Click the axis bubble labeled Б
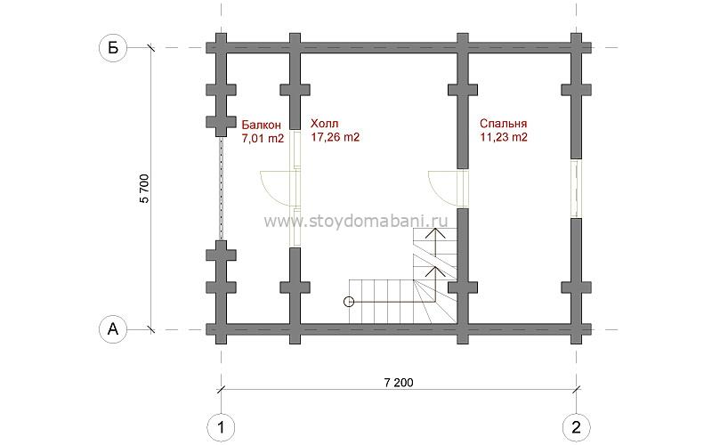(x=113, y=48)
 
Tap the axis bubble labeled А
(x=113, y=329)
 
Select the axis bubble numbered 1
(x=221, y=427)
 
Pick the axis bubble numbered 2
(x=576, y=427)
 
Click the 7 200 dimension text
(x=399, y=383)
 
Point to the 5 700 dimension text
(x=144, y=188)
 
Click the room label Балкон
(x=261, y=125)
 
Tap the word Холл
(x=324, y=123)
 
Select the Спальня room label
(x=503, y=124)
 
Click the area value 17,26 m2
(x=336, y=137)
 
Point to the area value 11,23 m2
(x=504, y=137)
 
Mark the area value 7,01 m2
(x=263, y=139)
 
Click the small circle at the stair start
(x=349, y=302)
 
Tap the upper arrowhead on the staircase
(x=436, y=232)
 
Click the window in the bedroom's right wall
(x=576, y=188)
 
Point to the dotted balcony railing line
(x=221, y=188)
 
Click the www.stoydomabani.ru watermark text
(x=355, y=221)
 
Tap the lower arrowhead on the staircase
(x=436, y=271)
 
